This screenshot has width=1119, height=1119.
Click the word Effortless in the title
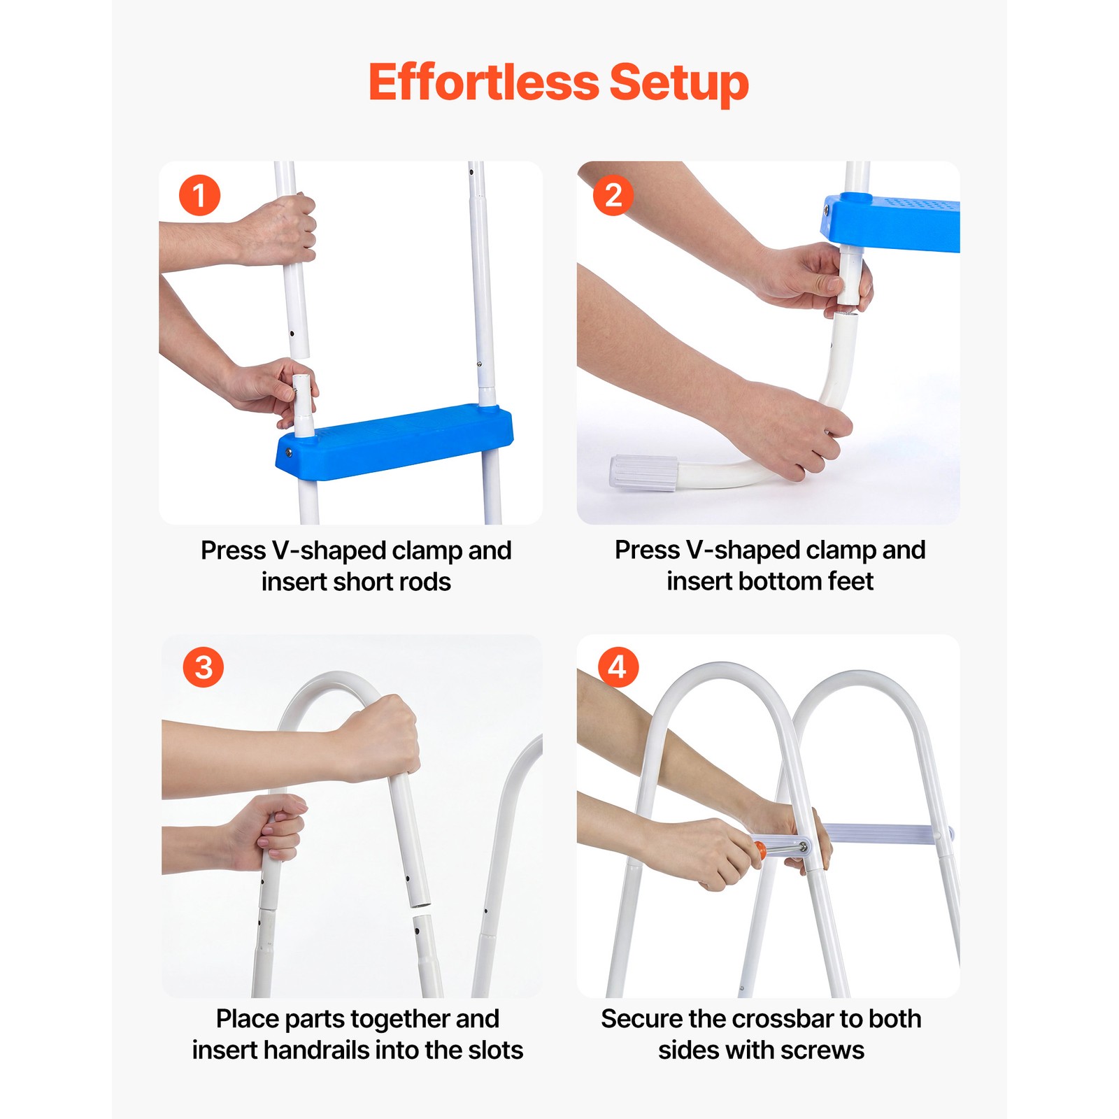pos(483,82)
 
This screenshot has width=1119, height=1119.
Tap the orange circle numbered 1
pos(199,195)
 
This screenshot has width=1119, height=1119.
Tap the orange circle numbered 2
pos(613,195)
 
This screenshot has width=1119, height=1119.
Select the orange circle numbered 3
pos(204,667)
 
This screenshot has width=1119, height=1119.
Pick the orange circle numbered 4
pos(618,667)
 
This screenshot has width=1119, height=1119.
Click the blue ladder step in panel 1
pos(395,441)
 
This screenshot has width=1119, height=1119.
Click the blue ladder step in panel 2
pos(890,222)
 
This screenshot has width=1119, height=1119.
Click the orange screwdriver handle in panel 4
pos(760,851)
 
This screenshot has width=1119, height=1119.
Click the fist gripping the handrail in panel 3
pos(379,738)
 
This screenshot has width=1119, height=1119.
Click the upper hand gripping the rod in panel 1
pos(276,230)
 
